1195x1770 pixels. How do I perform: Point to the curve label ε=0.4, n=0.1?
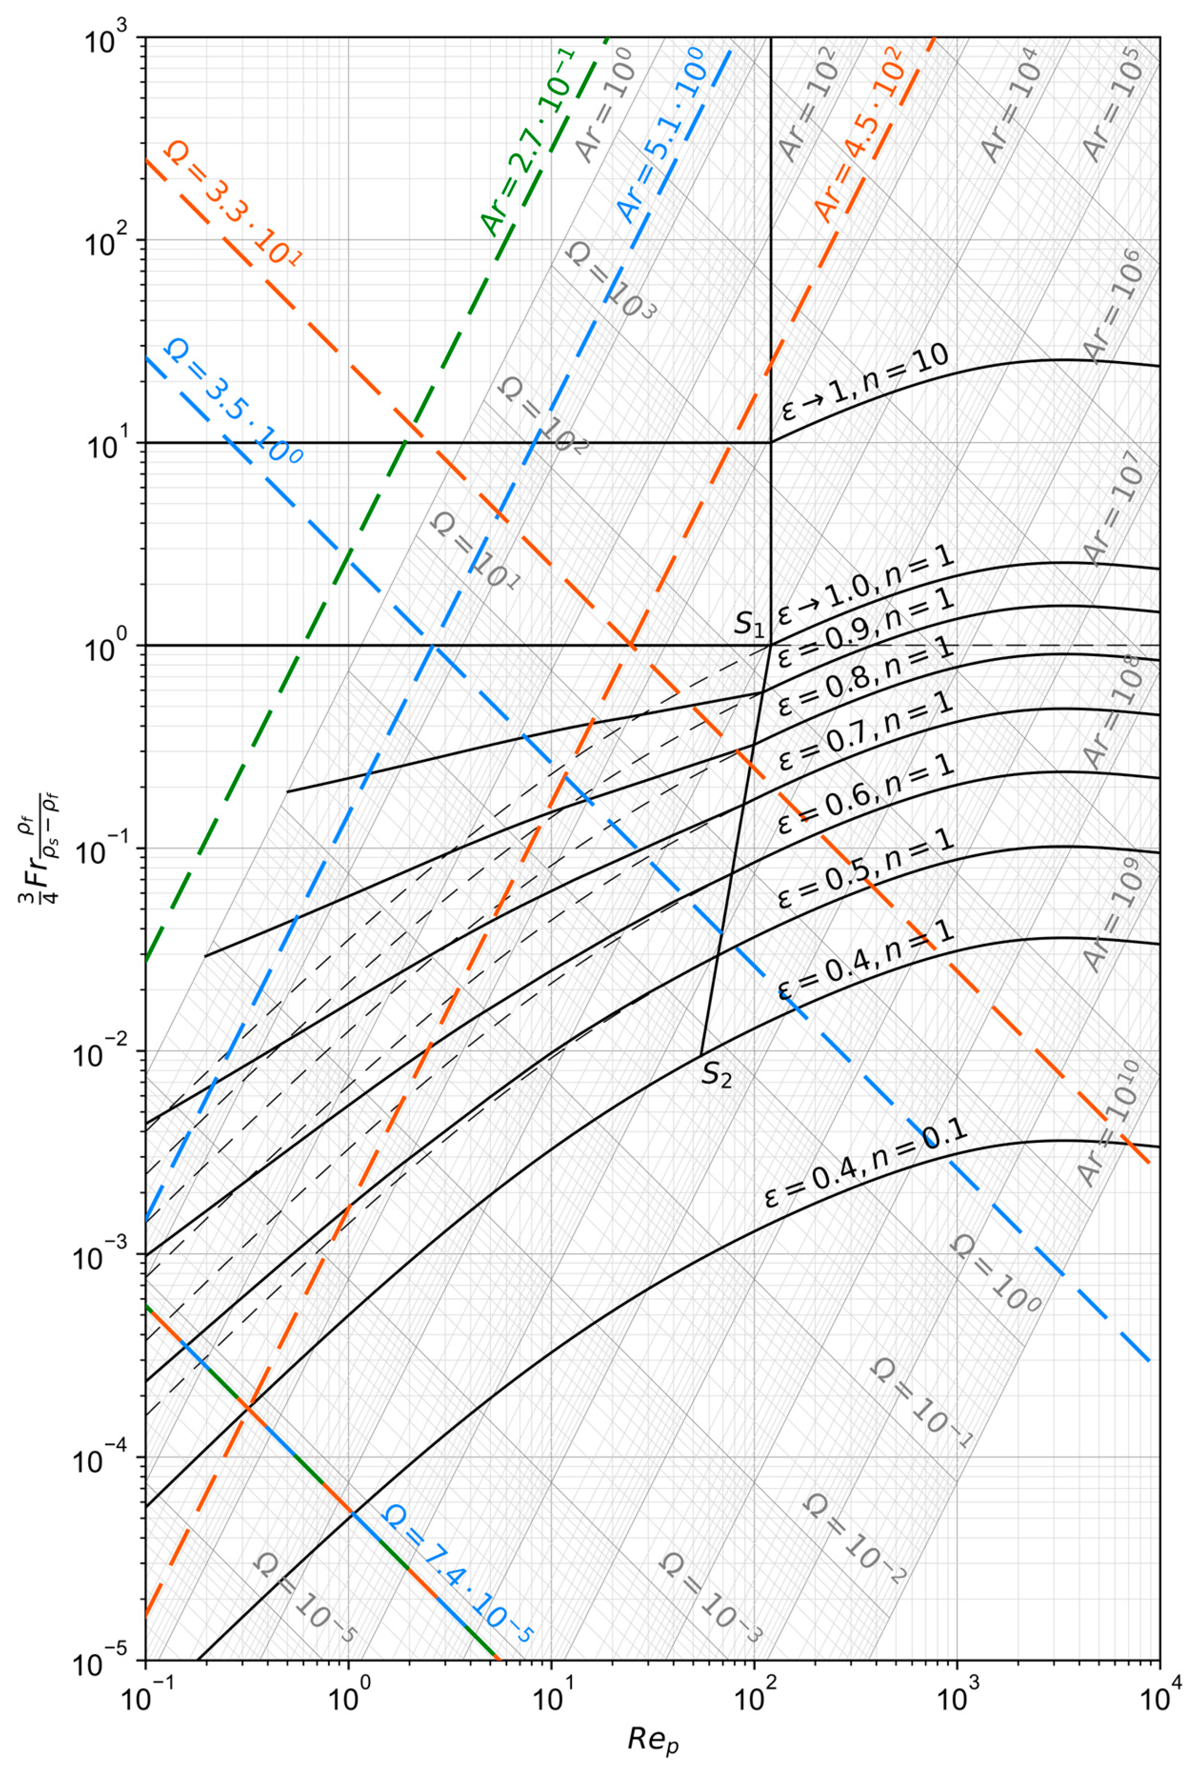coord(864,1167)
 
